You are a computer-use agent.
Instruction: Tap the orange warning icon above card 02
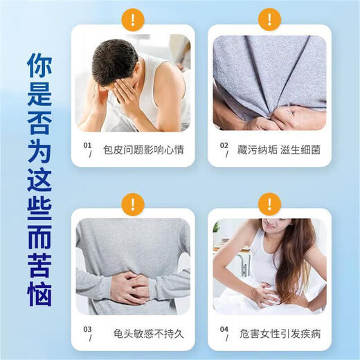[x=269, y=18]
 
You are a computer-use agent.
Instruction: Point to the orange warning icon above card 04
[x=269, y=204]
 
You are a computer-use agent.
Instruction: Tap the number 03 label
[x=87, y=331]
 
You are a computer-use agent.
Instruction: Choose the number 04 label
[x=224, y=331]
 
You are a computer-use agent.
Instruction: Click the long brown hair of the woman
[x=295, y=256]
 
